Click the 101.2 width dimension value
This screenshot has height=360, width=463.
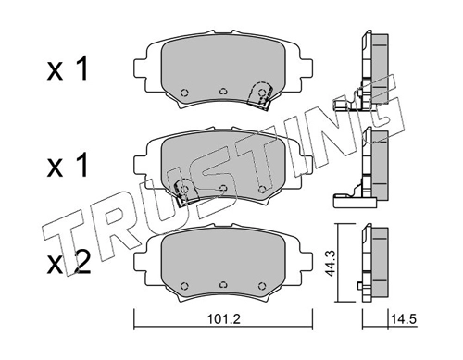223,319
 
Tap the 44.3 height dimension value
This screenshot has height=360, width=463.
331,263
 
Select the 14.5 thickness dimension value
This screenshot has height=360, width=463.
404,319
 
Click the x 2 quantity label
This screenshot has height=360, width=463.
69,263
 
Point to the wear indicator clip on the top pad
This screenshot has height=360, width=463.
260,95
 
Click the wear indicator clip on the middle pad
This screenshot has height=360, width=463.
184,191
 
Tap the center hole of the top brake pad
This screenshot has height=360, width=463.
223,92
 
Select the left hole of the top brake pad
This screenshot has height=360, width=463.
184,93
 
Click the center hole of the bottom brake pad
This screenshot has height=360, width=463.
223,285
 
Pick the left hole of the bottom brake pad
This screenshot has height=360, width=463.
184,286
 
